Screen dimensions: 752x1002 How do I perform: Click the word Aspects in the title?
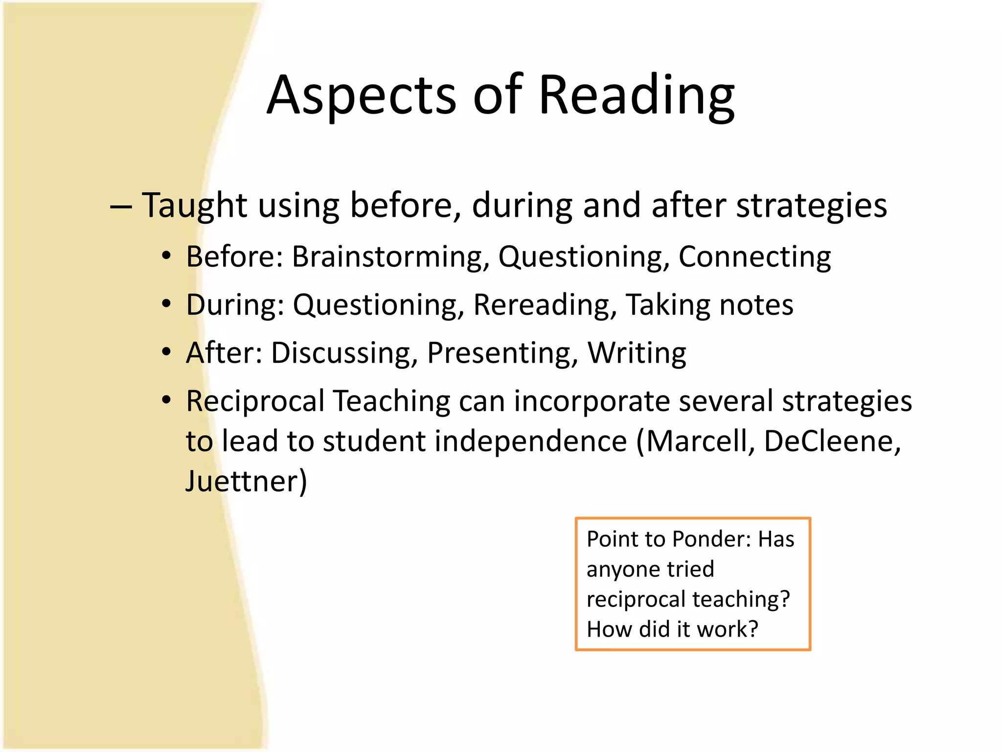pos(361,95)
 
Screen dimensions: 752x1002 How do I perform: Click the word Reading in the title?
pos(636,95)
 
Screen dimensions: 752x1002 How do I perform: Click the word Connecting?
pos(754,257)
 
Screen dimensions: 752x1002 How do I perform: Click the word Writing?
pos(637,353)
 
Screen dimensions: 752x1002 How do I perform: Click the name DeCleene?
pos(832,441)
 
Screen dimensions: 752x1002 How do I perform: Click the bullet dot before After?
pos(167,352)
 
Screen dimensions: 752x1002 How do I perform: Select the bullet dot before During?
pos(167,304)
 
